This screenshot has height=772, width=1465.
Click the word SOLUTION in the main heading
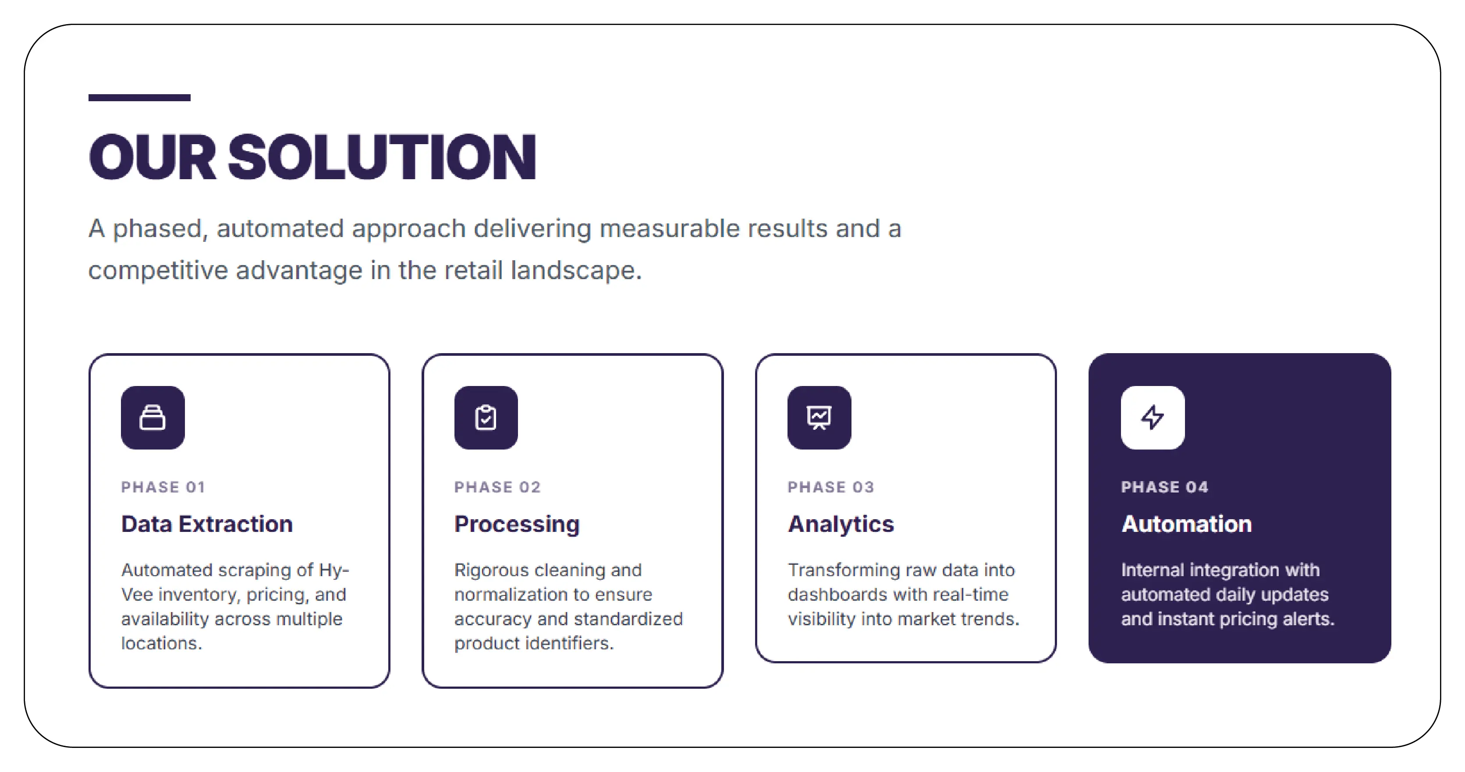tap(382, 157)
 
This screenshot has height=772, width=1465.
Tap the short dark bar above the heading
tap(139, 98)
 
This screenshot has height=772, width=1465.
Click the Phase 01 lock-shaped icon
tap(153, 418)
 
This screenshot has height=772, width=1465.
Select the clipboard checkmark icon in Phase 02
tap(486, 418)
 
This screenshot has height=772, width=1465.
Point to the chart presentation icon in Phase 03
tap(819, 418)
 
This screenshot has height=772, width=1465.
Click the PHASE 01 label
tap(163, 487)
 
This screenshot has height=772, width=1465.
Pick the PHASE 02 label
tap(497, 487)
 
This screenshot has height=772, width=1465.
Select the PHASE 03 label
tap(831, 487)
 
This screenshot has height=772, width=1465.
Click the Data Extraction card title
tap(207, 524)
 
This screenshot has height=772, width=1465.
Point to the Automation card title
tap(1186, 524)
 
